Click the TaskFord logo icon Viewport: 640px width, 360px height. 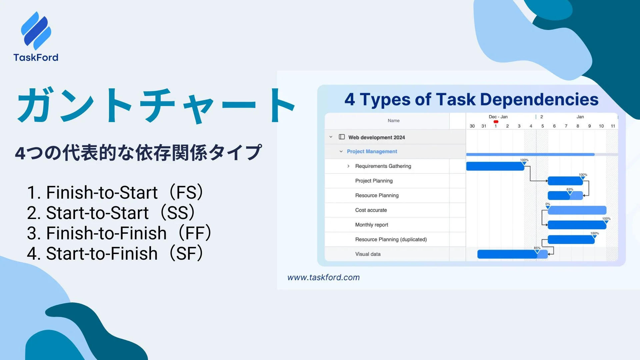click(36, 31)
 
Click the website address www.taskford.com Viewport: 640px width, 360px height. click(323, 277)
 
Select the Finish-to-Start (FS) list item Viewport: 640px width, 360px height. click(115, 193)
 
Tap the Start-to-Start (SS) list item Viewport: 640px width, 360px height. click(111, 213)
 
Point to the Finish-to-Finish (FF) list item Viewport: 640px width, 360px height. click(119, 233)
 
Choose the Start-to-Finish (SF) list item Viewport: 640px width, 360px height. click(115, 253)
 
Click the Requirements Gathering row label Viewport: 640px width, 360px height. click(383, 166)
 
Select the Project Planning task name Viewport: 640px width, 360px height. click(374, 181)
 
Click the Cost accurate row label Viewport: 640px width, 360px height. click(371, 210)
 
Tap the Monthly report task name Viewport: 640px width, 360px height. click(372, 225)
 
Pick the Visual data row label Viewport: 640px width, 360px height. click(368, 254)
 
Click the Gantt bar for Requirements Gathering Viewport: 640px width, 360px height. click(495, 166)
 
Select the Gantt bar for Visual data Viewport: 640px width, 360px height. click(512, 254)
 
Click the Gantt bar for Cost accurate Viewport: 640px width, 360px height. click(577, 210)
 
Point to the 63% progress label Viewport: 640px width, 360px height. click(570, 189)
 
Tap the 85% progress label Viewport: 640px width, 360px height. click(537, 248)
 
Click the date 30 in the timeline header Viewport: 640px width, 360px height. click(472, 126)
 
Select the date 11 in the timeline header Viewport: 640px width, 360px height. click(613, 126)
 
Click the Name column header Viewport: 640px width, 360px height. click(393, 121)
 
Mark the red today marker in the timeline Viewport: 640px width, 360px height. click(496, 122)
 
